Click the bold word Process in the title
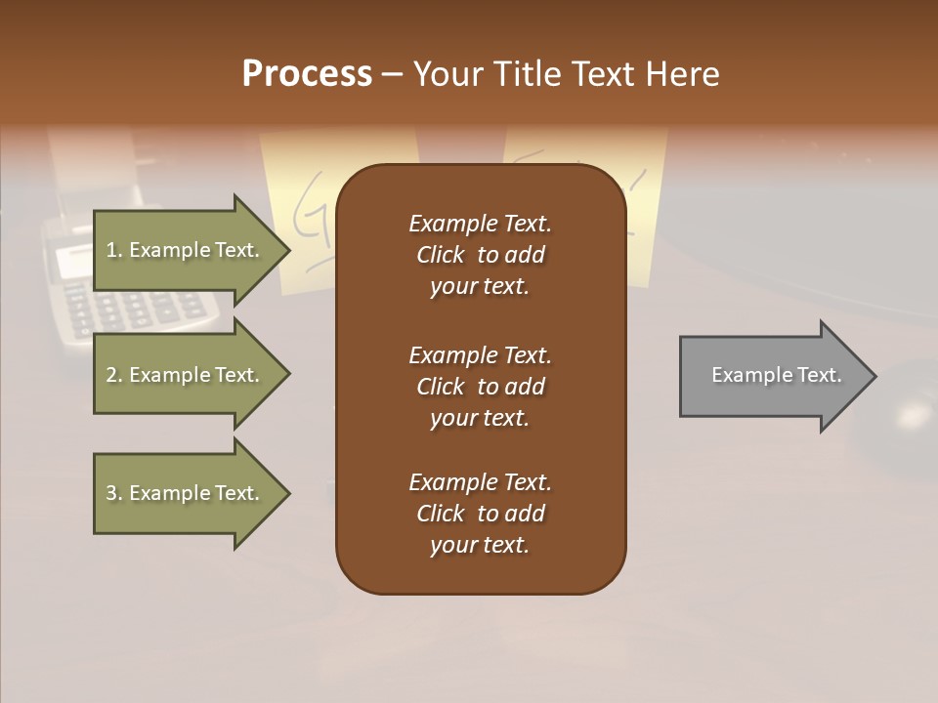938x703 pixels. tap(307, 74)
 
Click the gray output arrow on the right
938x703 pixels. tap(772, 375)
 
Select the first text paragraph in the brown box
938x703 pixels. tap(480, 255)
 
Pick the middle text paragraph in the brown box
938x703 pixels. tap(480, 386)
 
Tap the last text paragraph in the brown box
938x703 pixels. tap(480, 514)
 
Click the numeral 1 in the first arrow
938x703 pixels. tap(110, 250)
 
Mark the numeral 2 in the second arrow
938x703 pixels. tap(110, 375)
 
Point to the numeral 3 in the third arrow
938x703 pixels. tap(110, 493)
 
